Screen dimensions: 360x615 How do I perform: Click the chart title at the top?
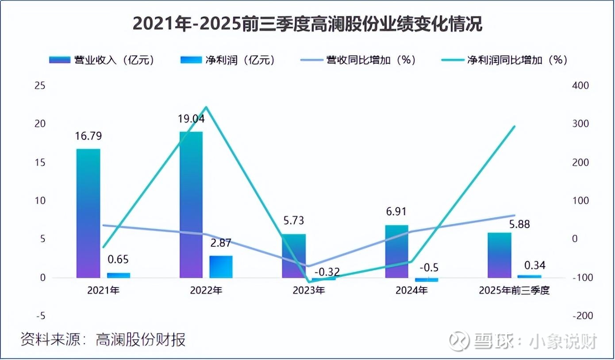307,24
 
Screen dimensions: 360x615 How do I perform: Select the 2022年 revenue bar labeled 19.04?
191,205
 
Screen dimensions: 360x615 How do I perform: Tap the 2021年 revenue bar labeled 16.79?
88,213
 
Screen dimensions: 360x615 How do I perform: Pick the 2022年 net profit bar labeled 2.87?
221,267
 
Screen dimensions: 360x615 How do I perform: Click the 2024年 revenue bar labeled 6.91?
397,251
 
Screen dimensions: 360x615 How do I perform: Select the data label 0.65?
119,260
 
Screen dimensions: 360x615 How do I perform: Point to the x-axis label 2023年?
309,291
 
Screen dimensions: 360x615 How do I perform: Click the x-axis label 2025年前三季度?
514,291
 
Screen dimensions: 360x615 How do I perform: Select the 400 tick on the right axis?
580,86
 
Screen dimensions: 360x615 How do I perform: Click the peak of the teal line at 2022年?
206,107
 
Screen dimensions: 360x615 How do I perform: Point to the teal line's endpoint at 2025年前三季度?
515,126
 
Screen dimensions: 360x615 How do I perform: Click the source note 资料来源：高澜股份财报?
103,340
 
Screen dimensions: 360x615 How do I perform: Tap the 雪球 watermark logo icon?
459,341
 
